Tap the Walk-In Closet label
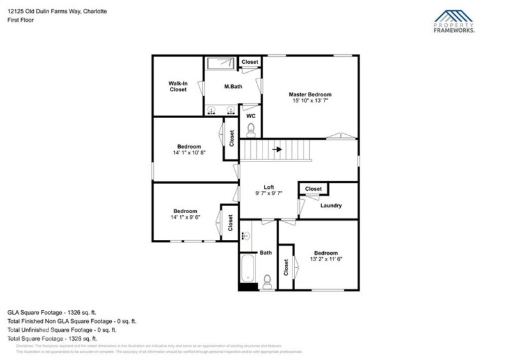(178, 86)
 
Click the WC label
(250, 116)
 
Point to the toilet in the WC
(250, 131)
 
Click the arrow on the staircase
(277, 150)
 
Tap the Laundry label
(331, 206)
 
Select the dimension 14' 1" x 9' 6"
(185, 218)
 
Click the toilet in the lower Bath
(267, 281)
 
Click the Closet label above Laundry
(313, 189)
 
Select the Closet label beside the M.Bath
(250, 62)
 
